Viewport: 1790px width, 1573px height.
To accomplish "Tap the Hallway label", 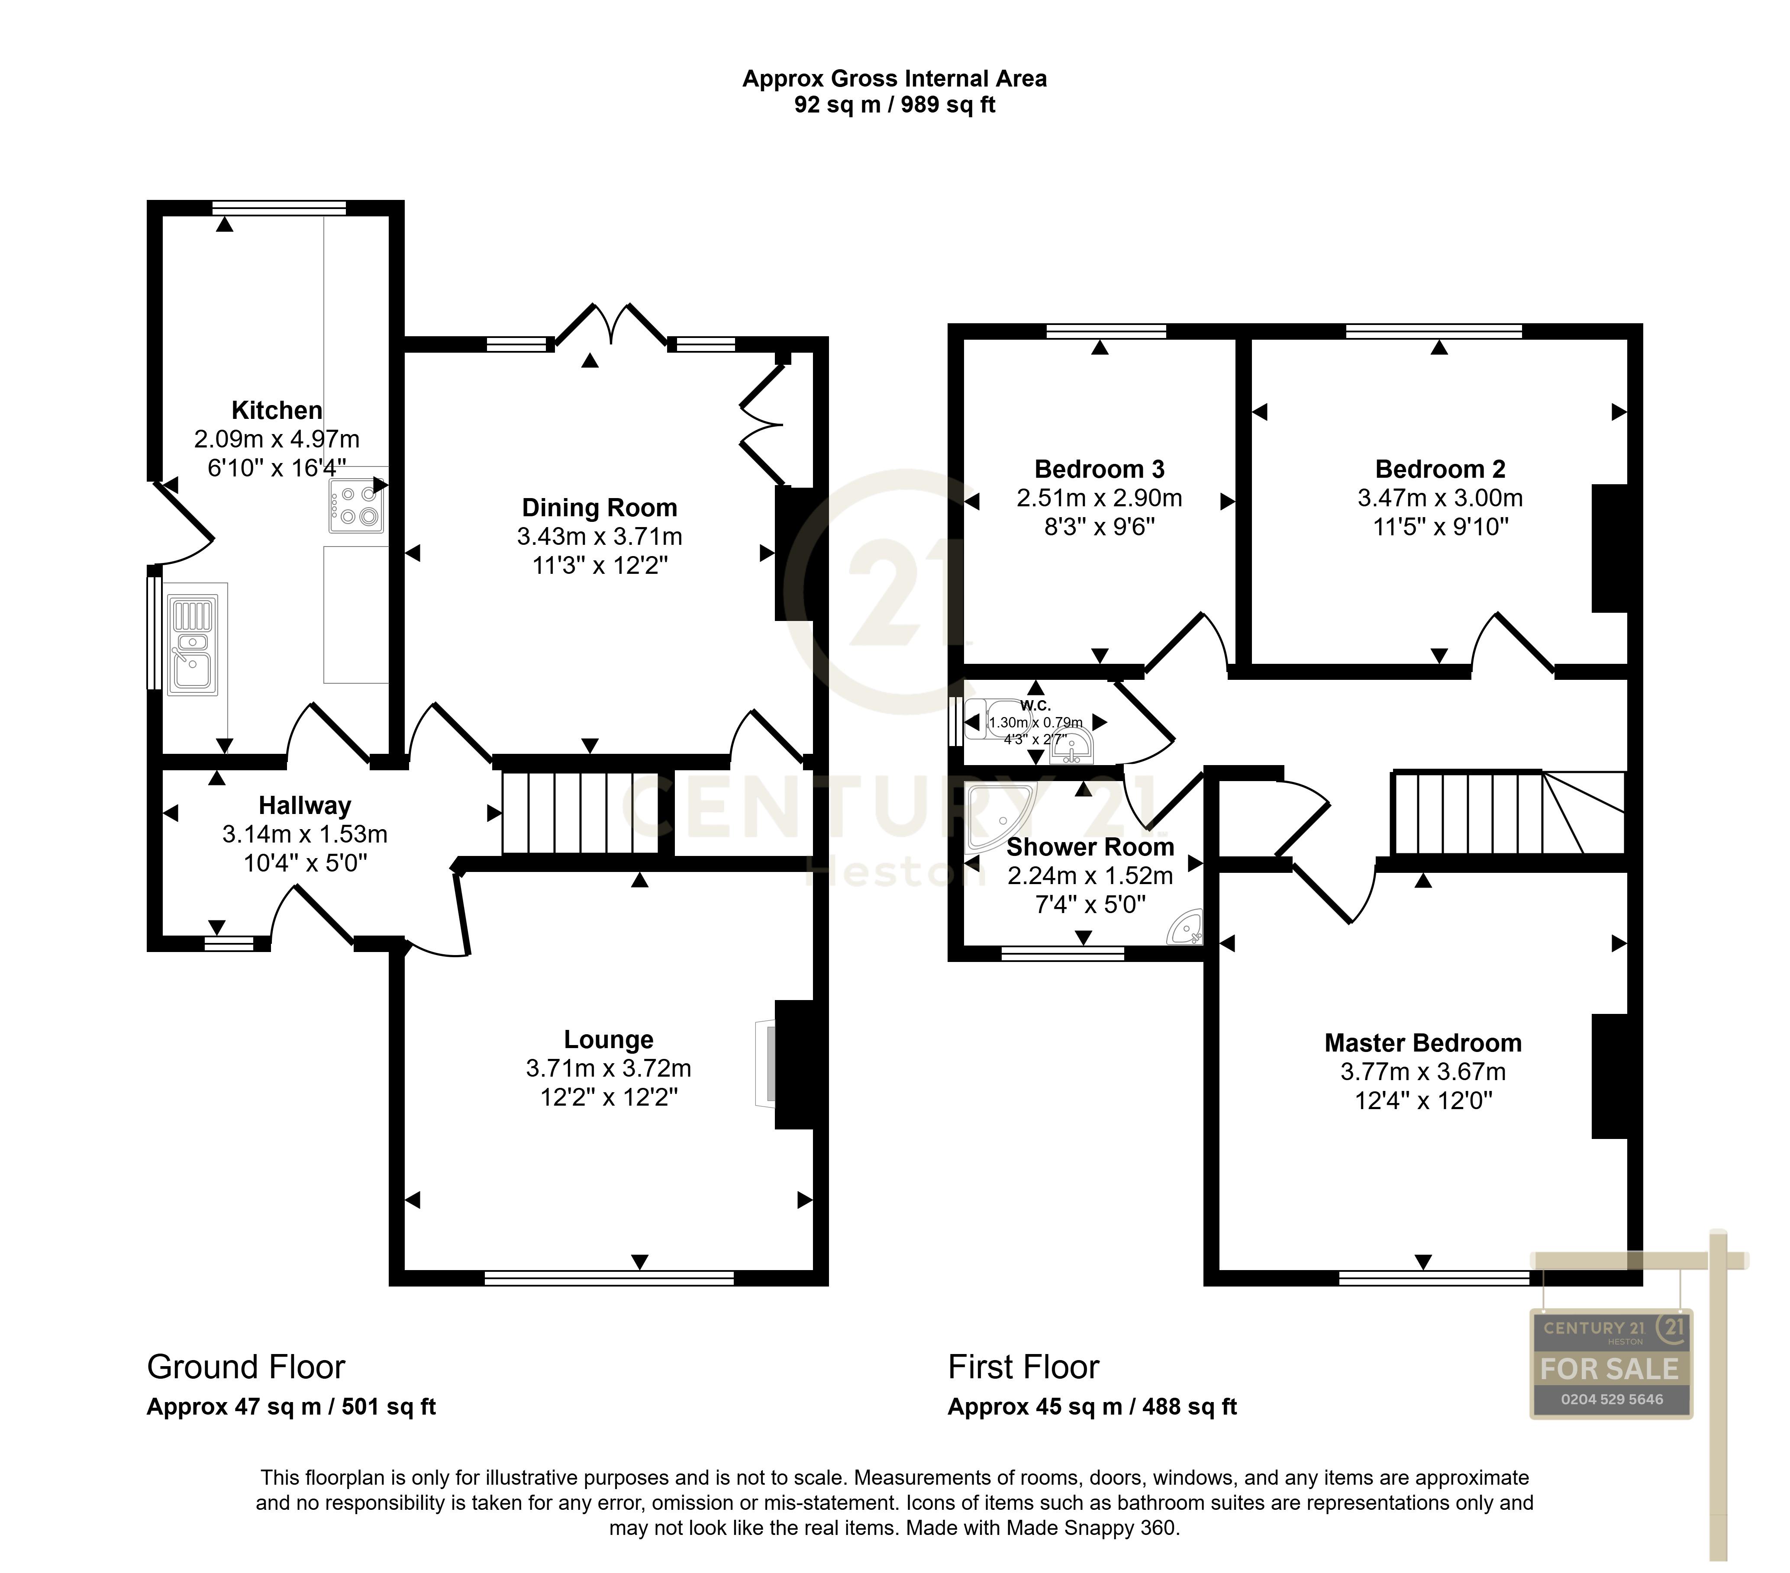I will pyautogui.click(x=305, y=805).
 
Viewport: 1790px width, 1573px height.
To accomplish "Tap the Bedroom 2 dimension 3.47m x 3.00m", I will pyautogui.click(x=1440, y=498).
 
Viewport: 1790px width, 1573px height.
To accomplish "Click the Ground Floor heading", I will pyautogui.click(x=246, y=1367).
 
